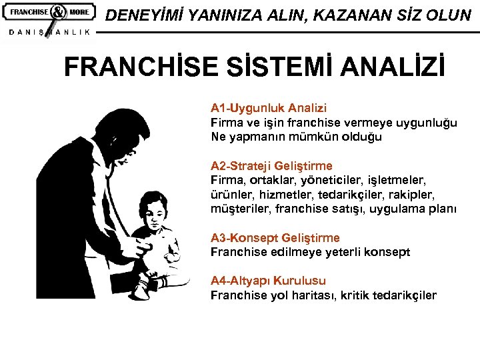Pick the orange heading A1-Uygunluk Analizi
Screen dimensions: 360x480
(x=269, y=108)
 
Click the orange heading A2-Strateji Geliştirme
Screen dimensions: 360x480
(x=271, y=165)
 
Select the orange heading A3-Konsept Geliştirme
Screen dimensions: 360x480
(x=275, y=238)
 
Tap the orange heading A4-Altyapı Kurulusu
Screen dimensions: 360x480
(x=269, y=281)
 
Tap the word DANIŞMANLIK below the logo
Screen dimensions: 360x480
(x=49, y=33)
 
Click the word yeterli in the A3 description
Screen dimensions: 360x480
(x=337, y=252)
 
